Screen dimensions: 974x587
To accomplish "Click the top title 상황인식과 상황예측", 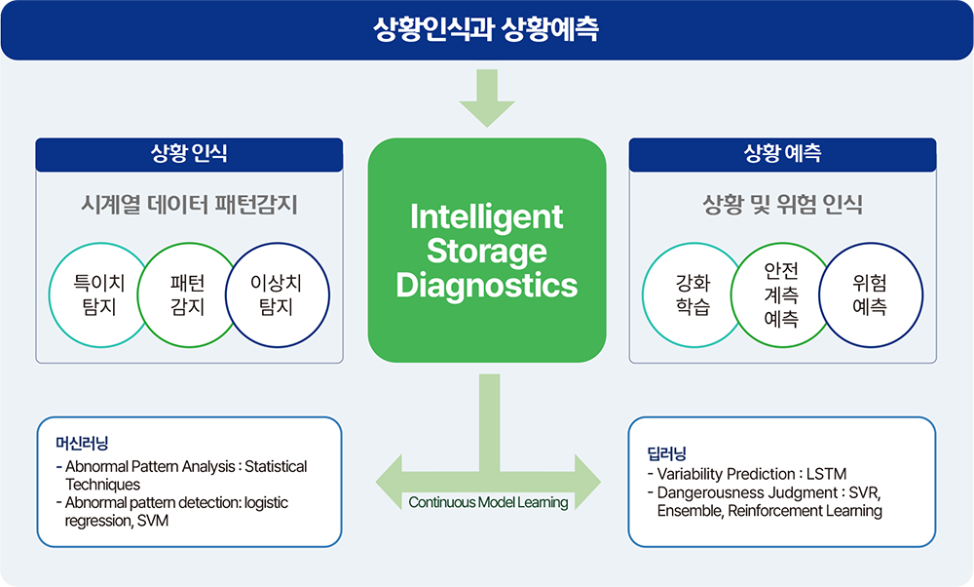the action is click(486, 28).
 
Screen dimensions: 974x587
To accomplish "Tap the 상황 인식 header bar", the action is click(189, 154).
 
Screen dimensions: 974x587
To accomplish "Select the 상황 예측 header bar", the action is click(782, 154).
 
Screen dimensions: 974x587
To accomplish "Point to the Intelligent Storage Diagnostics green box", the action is click(487, 250).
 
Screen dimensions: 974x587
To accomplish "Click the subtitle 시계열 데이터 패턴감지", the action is click(190, 205).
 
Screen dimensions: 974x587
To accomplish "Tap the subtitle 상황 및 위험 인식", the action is click(783, 205).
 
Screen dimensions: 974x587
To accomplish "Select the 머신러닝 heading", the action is click(82, 444).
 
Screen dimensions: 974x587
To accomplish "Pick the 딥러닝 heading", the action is click(666, 453).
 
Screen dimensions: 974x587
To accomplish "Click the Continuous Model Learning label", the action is click(488, 502).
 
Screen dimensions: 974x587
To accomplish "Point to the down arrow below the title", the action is click(487, 98).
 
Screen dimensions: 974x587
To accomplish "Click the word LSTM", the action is click(826, 474).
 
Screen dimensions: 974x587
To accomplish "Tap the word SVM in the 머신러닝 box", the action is click(153, 521).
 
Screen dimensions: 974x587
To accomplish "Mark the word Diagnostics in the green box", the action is click(487, 286).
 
